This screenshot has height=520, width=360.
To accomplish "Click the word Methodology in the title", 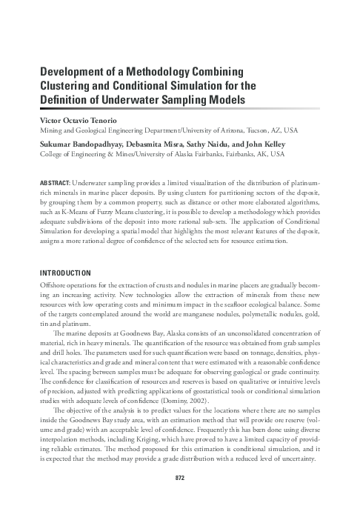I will point(158,72).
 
